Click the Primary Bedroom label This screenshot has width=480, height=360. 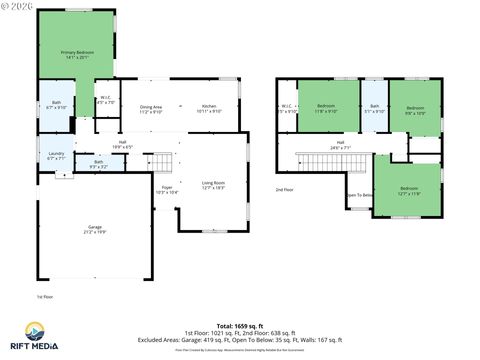(76, 56)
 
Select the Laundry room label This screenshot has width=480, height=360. (56, 155)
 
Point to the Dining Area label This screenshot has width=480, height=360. (151, 108)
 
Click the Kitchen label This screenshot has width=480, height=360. (209, 108)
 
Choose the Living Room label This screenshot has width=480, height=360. (213, 185)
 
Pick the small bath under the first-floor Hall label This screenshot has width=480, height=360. (98, 163)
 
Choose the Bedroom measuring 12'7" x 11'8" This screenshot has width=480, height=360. (407, 190)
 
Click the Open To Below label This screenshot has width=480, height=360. (359, 195)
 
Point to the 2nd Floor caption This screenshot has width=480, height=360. (285, 189)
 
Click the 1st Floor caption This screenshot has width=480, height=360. (45, 297)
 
